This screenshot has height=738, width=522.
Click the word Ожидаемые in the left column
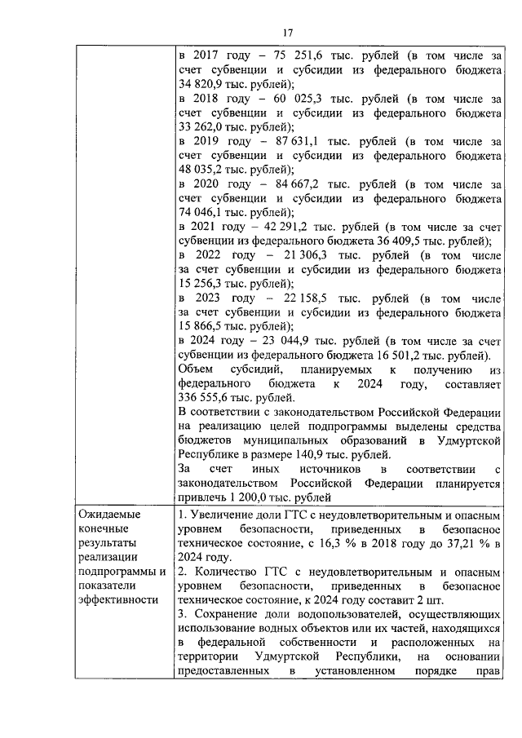(x=108, y=515)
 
